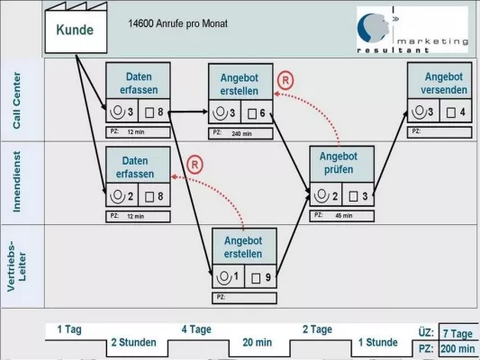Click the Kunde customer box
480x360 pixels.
point(75,29)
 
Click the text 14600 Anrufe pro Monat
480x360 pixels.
point(178,23)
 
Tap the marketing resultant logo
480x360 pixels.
point(412,29)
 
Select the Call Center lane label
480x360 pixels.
point(20,99)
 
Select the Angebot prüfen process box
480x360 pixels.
point(340,163)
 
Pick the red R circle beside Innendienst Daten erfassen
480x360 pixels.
point(195,165)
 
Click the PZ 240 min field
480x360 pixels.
point(241,133)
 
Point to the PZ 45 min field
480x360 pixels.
point(342,216)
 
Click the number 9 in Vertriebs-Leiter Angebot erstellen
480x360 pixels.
point(267,277)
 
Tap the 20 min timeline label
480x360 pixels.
point(258,342)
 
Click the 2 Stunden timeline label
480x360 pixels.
point(133,342)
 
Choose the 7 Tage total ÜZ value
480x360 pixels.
point(457,332)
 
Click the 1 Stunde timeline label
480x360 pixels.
point(378,342)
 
